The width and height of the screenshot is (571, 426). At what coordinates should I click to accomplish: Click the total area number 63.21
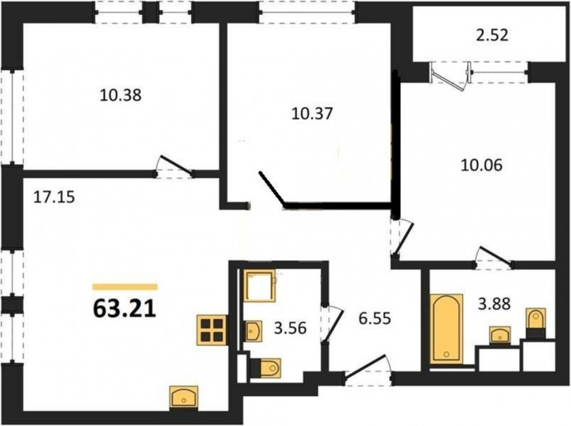click(124, 309)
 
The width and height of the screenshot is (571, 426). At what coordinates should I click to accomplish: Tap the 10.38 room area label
click(121, 95)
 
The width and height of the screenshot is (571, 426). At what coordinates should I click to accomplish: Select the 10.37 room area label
click(313, 114)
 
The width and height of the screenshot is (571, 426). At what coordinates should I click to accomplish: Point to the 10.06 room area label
click(481, 165)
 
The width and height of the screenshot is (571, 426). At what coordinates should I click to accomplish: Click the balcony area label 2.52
click(492, 35)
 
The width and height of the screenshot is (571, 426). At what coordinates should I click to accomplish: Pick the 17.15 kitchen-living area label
click(54, 197)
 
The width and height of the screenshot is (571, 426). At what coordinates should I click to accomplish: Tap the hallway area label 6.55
click(375, 319)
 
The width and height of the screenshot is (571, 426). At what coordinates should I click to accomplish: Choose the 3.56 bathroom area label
click(291, 328)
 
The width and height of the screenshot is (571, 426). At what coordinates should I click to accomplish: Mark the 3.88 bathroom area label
click(494, 303)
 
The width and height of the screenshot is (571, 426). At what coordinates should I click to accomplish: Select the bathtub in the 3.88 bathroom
click(447, 329)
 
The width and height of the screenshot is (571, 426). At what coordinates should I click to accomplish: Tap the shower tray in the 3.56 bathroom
click(259, 286)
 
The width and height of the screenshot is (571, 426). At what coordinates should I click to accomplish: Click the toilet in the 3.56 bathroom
click(266, 368)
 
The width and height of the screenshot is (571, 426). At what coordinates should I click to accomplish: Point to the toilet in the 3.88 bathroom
click(536, 324)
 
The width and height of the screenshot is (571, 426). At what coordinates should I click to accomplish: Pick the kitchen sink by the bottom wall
click(184, 397)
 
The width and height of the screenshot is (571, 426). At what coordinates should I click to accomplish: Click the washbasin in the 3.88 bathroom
click(500, 335)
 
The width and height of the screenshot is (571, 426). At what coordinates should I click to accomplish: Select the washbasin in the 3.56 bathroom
click(253, 331)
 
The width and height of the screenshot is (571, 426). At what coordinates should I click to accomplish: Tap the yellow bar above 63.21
click(125, 287)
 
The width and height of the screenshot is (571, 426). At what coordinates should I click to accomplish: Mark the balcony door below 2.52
click(450, 76)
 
